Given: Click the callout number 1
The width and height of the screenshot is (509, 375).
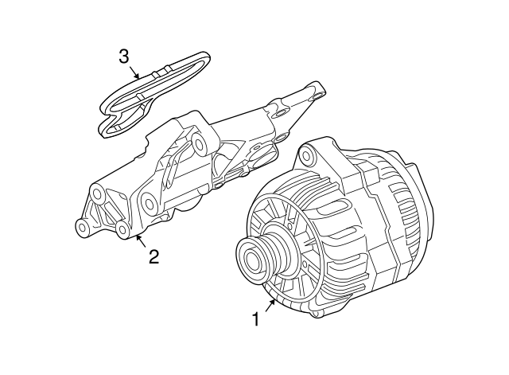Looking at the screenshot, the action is [x=256, y=318].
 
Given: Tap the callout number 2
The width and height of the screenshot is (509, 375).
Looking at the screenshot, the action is [x=153, y=256].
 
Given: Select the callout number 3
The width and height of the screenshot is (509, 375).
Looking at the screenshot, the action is [x=124, y=57].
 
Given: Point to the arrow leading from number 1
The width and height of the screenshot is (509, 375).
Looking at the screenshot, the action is [x=271, y=306].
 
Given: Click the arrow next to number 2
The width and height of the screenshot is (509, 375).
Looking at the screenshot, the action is [x=141, y=240].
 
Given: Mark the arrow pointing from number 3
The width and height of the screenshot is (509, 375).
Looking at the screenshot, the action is [x=134, y=72].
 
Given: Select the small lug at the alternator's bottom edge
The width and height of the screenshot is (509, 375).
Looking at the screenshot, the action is [x=314, y=314].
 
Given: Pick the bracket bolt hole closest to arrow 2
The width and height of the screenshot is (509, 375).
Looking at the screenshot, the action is [x=122, y=230].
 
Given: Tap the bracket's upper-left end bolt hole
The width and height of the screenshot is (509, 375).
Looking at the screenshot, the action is [x=97, y=194].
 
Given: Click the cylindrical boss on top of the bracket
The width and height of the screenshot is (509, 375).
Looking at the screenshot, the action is [x=200, y=143].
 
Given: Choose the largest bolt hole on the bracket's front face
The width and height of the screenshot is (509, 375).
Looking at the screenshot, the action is [x=149, y=203].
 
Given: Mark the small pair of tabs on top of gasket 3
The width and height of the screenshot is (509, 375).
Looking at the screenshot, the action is [x=161, y=71].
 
